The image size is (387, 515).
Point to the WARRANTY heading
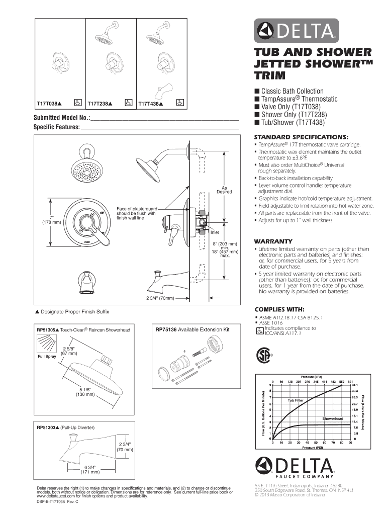(273, 240)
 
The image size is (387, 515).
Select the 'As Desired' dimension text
(224, 190)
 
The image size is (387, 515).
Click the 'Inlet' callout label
(215, 233)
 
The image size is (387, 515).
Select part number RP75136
(166, 330)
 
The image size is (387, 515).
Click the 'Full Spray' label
(47, 357)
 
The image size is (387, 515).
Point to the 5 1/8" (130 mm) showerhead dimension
(86, 392)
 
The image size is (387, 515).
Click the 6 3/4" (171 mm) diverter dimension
(90, 469)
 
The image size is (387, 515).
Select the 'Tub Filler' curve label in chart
(296, 400)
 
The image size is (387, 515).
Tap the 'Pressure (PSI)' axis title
(312, 447)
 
